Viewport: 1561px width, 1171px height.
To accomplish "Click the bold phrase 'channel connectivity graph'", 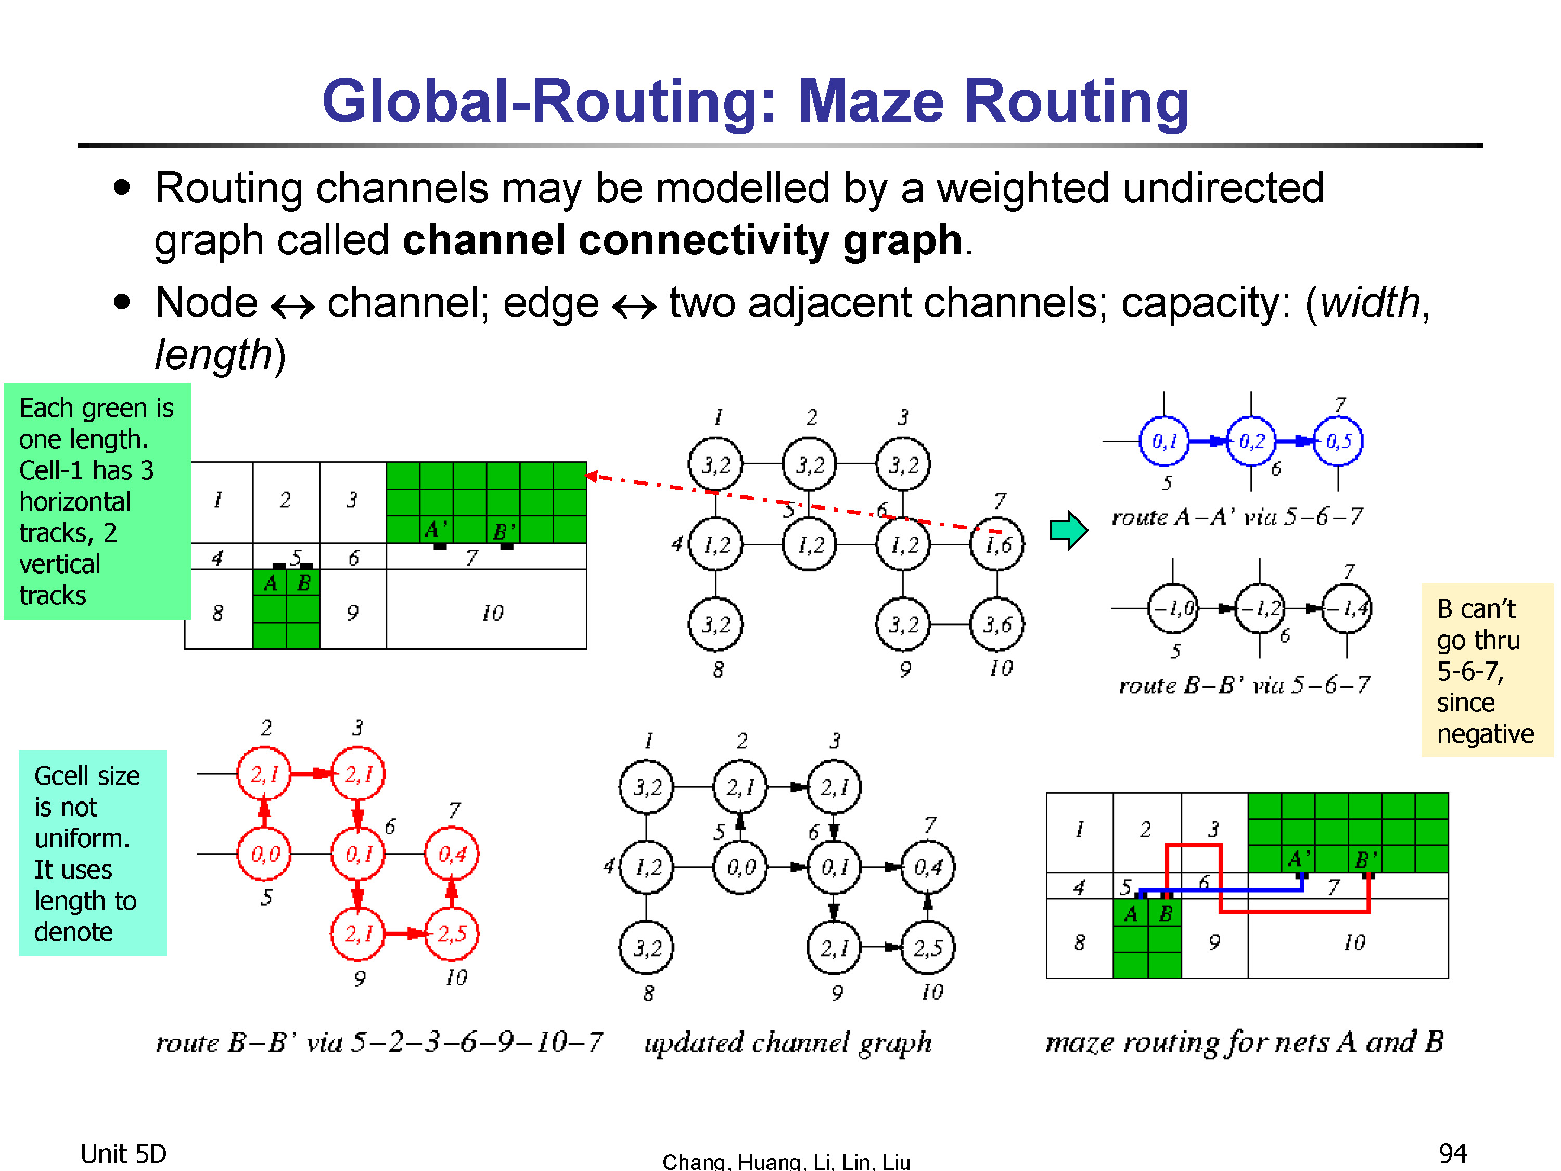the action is [x=682, y=240].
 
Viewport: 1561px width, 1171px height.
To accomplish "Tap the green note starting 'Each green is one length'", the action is [x=97, y=501].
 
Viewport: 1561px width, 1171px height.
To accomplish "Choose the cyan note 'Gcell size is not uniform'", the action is [x=93, y=852].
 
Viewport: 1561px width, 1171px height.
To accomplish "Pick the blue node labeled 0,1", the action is [x=1165, y=442].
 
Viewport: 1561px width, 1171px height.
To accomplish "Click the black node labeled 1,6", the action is [x=997, y=545].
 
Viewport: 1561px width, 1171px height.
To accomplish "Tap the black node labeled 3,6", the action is [x=997, y=625].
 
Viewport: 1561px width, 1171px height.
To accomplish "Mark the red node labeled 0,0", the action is [x=265, y=854].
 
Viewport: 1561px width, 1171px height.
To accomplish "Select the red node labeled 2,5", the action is [x=452, y=934].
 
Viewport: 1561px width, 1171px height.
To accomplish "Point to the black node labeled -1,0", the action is [x=1173, y=608].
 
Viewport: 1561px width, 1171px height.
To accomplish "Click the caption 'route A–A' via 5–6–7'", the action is [x=1237, y=517].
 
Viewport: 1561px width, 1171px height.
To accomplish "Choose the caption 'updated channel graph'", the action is [x=788, y=1042].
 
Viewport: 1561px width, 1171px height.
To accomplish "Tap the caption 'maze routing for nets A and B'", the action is [x=1245, y=1042].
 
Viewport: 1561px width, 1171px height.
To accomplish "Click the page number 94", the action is [x=1453, y=1153].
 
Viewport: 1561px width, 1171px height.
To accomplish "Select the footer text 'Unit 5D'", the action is [x=123, y=1153].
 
